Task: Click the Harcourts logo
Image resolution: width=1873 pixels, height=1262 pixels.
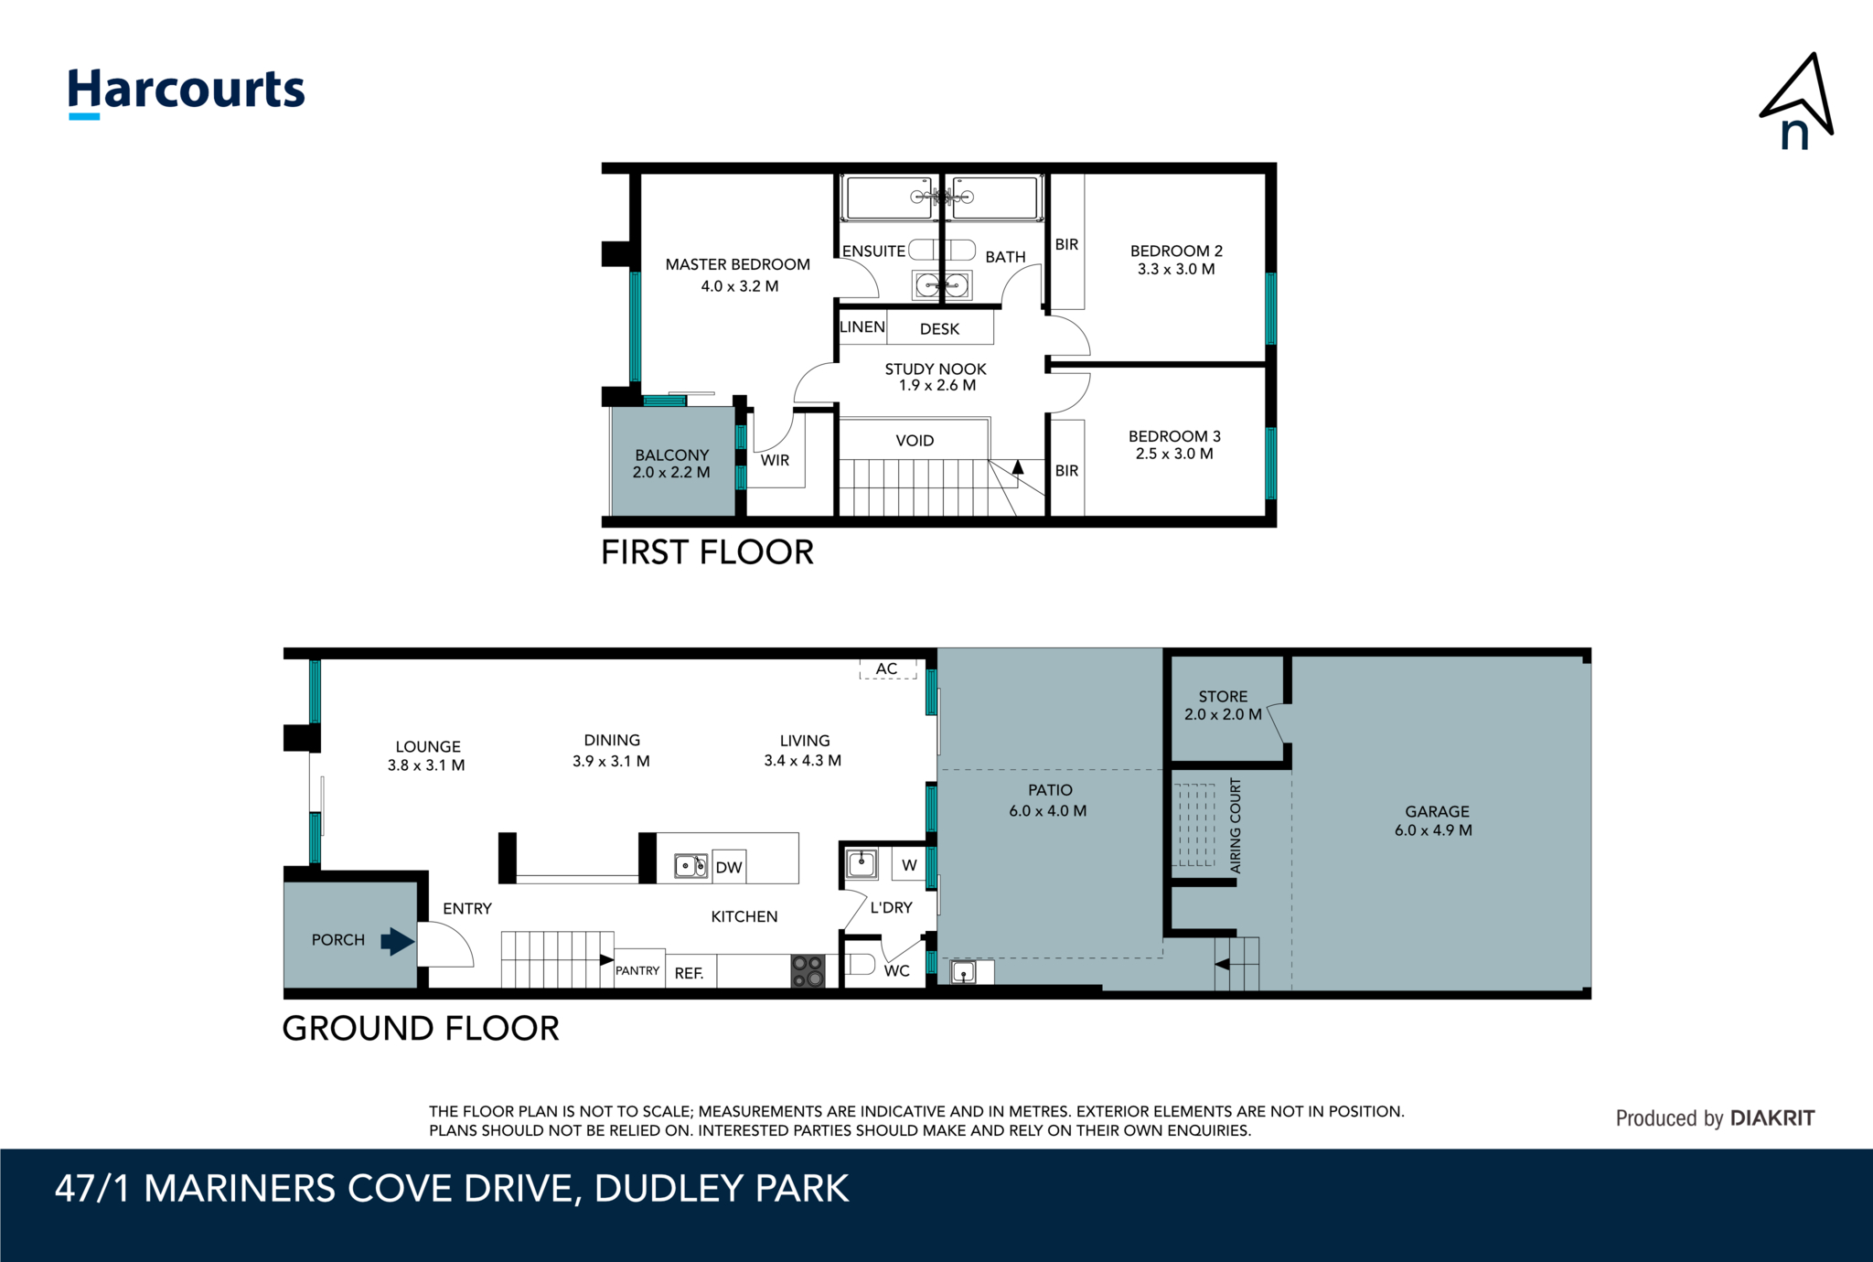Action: pyautogui.click(x=187, y=92)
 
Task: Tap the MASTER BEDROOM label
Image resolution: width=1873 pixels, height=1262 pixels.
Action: pyautogui.click(x=737, y=264)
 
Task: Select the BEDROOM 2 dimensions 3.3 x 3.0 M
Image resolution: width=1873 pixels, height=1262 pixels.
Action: pyautogui.click(x=1176, y=270)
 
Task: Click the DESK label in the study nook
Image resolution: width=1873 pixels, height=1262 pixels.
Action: pyautogui.click(x=939, y=329)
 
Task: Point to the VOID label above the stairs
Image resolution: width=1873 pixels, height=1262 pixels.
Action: pyautogui.click(x=915, y=441)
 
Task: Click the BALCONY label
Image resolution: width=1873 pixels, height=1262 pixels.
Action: pyautogui.click(x=672, y=455)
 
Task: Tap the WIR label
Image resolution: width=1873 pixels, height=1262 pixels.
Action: pyautogui.click(x=775, y=460)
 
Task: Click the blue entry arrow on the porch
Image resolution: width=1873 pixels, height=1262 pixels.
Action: pyautogui.click(x=397, y=941)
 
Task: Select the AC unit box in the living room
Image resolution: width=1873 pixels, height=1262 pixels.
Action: pyautogui.click(x=887, y=669)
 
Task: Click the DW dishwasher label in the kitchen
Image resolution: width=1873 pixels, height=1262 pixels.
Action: pyautogui.click(x=729, y=868)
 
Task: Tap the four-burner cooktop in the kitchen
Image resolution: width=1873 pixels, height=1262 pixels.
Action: pyautogui.click(x=808, y=971)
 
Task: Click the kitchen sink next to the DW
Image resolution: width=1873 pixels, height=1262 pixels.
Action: pyautogui.click(x=690, y=865)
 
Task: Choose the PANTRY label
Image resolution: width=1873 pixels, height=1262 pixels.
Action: pyautogui.click(x=637, y=971)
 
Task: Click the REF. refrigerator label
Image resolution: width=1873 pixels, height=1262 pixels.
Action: pyautogui.click(x=690, y=974)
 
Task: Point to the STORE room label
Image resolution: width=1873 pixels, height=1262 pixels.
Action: pyautogui.click(x=1223, y=697)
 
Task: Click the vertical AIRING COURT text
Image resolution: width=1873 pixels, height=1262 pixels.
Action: pyautogui.click(x=1236, y=826)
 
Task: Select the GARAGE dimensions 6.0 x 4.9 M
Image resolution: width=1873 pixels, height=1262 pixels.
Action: pyautogui.click(x=1433, y=831)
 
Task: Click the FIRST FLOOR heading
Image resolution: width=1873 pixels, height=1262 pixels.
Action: pyautogui.click(x=707, y=552)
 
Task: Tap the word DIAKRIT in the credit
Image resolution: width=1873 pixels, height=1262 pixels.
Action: pyautogui.click(x=1772, y=1118)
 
